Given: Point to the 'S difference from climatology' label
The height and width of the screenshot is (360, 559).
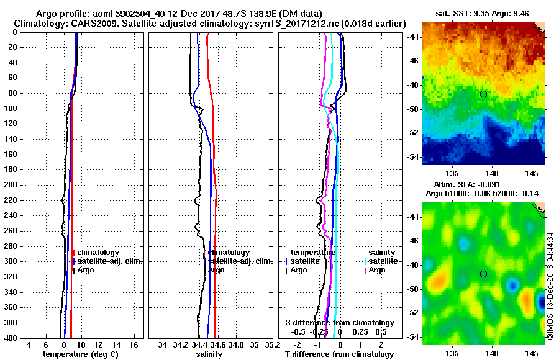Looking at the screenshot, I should pyautogui.click(x=339, y=323).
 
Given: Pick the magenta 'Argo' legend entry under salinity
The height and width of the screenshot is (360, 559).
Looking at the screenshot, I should pyautogui.click(x=377, y=270).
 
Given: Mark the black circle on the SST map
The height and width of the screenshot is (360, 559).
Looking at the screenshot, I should pyautogui.click(x=483, y=94).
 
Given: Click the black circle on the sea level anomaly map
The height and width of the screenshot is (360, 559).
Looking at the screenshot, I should pyautogui.click(x=483, y=274).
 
